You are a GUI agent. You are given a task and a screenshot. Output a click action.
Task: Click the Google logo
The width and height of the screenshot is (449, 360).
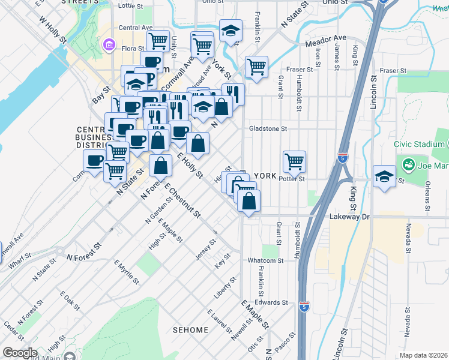20,353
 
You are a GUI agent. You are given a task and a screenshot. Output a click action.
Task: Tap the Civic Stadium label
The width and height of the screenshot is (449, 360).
420,145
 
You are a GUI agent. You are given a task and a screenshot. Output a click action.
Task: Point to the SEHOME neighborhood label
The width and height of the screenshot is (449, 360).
191,330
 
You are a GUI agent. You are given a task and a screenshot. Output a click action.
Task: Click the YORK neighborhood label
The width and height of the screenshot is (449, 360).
265,176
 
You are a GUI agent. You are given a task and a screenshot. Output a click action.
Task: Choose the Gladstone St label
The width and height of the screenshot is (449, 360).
268,128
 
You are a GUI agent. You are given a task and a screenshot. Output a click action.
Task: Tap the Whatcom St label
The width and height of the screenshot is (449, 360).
265,260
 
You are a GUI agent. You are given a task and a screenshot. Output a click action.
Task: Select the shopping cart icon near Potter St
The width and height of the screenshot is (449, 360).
294,161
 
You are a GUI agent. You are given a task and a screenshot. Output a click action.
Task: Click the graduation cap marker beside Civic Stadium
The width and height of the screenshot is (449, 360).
384,176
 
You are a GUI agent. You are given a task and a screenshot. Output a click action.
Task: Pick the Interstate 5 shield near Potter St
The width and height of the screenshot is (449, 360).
342,158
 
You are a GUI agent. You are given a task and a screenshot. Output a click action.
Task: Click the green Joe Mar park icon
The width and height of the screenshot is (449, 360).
409,164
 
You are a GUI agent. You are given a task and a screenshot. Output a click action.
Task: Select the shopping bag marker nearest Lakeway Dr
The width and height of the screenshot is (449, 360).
249,201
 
